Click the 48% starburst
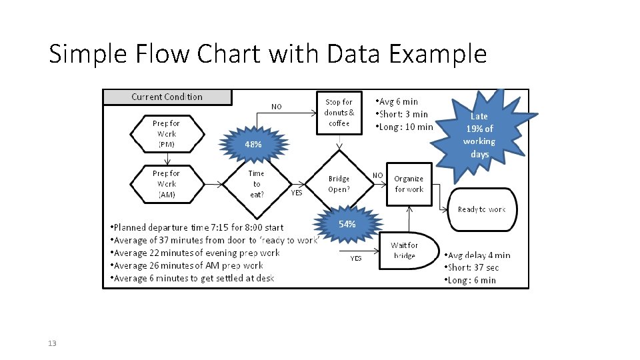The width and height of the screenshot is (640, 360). pos(253,144)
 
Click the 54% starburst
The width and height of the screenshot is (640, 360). pos(347,224)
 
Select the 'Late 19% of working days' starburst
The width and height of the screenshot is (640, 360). pos(481,135)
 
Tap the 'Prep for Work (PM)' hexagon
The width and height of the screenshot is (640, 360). pos(167,134)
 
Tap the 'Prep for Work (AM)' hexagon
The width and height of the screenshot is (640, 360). pos(167,184)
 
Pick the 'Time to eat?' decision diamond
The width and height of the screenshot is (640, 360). pos(257,184)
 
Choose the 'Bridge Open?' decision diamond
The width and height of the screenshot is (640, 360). pos(339,184)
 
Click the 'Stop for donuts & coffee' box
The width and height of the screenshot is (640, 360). pos(339,113)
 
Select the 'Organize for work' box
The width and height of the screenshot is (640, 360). pos(409,184)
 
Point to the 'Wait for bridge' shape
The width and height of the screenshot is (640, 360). pos(409,251)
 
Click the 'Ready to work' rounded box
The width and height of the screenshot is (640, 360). pos(482,209)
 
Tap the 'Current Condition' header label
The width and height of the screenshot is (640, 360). pos(167,97)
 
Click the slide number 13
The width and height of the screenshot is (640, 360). pos(52,343)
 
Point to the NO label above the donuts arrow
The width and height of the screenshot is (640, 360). pos(276,107)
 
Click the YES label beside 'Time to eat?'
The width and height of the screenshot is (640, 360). pos(297,193)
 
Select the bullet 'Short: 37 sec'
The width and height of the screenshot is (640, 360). pos(471,268)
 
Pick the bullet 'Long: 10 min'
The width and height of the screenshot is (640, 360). pos(404,127)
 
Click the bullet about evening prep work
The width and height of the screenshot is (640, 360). pos(195,253)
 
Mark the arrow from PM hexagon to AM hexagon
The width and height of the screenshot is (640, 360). pos(167,159)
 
